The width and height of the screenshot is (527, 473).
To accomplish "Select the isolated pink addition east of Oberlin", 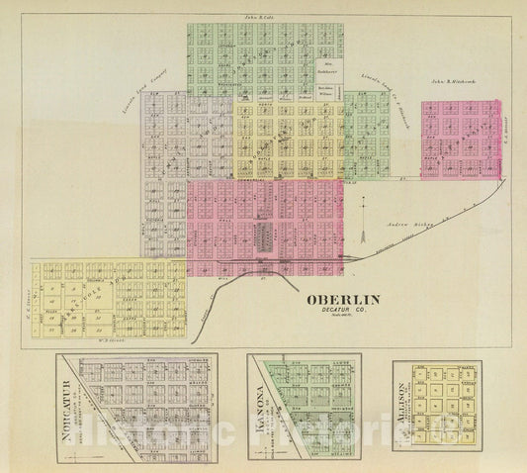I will pyautogui.click(x=460, y=139).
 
